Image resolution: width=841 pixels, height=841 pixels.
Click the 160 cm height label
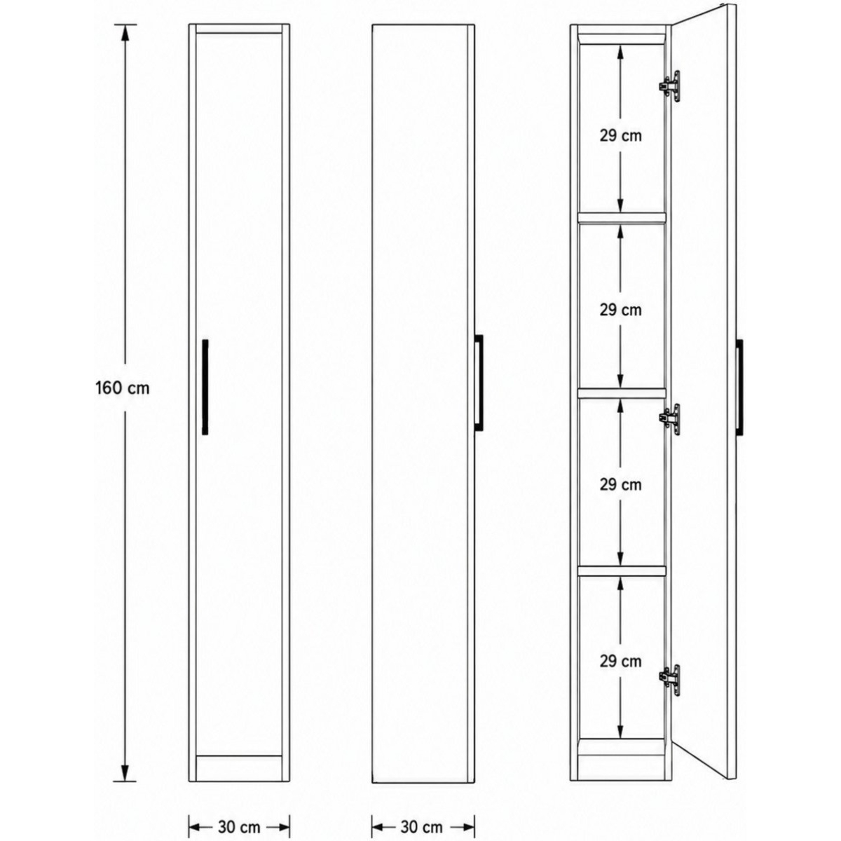click(x=123, y=388)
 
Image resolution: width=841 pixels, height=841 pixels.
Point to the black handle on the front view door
click(x=205, y=387)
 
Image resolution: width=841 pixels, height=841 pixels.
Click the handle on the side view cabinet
click(x=479, y=383)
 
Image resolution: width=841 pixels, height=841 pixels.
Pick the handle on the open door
click(x=739, y=387)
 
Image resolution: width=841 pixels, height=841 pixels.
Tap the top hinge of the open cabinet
click(x=670, y=86)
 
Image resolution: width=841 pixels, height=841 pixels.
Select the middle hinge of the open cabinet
click(x=670, y=419)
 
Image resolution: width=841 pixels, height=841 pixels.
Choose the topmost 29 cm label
click(x=621, y=136)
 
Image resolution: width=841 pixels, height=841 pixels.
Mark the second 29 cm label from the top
click(x=621, y=310)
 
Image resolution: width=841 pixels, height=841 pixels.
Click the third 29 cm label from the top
click(x=621, y=484)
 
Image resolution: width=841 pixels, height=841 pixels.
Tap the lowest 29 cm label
click(x=621, y=662)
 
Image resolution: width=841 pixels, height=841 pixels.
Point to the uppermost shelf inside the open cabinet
click(x=622, y=218)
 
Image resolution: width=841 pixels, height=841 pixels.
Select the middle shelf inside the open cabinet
click(x=622, y=392)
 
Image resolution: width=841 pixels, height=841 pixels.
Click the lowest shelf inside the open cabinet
click(x=622, y=571)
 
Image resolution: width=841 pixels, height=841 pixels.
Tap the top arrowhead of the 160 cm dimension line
click(x=125, y=33)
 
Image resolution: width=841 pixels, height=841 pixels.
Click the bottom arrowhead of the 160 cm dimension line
click(x=125, y=773)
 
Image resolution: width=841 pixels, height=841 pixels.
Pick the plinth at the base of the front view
click(x=239, y=768)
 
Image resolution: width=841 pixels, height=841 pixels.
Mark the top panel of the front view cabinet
click(x=239, y=29)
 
